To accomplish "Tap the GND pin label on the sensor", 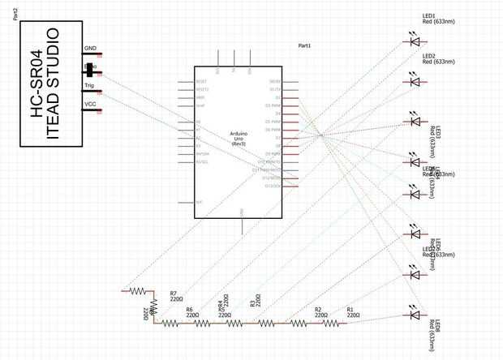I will (89, 49).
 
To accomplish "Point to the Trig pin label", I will (88, 85).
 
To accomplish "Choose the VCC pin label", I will (89, 104).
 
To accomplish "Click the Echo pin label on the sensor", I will (89, 67).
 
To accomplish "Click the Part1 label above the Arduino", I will (305, 46).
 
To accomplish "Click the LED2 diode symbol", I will (415, 80).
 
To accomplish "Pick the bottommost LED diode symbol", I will (415, 315).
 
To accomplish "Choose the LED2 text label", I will (428, 55).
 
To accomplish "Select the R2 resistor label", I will (318, 310).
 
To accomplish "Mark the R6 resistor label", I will (189, 310).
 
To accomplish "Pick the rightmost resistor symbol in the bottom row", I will (330, 323).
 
